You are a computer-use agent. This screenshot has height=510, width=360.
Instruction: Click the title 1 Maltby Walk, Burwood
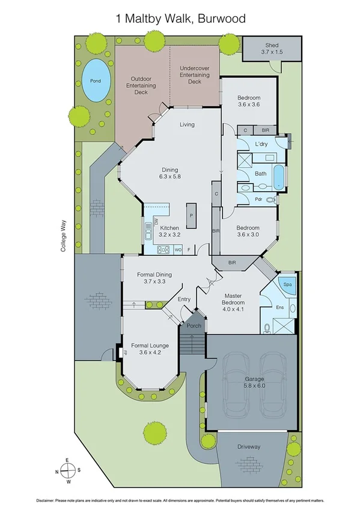click(180, 19)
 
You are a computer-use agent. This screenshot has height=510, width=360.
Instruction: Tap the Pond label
click(96, 81)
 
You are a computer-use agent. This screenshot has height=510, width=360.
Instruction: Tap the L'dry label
click(261, 144)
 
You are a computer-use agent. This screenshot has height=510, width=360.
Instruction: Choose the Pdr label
click(258, 200)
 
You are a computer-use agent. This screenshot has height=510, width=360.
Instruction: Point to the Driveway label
click(249, 447)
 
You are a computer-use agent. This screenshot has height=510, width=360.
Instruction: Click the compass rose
click(68, 470)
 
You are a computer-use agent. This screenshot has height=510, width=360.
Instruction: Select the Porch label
click(194, 325)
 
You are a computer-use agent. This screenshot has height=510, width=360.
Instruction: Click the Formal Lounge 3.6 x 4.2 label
click(150, 349)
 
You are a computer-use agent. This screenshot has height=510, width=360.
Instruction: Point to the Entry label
click(184, 299)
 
